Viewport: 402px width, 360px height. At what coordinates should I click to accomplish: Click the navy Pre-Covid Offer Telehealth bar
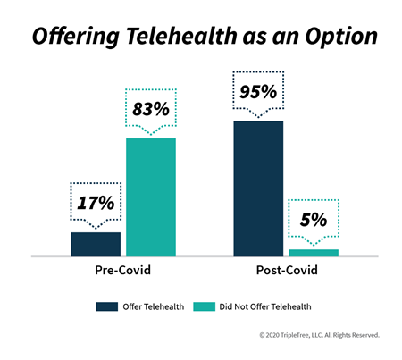96,244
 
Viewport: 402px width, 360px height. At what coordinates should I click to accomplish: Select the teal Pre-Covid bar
151,197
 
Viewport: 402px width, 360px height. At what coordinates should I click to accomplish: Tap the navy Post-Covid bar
258,188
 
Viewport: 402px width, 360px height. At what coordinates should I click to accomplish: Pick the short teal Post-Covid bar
314,253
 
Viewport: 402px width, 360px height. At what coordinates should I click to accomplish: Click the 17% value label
96,203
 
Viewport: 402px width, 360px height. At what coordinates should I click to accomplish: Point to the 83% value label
151,109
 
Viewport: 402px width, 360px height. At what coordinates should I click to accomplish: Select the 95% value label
258,92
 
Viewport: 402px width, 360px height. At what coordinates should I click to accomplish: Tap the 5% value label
314,220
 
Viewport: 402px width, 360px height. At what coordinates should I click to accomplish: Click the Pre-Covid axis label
122,270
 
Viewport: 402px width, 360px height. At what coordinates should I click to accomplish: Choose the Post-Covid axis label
287,270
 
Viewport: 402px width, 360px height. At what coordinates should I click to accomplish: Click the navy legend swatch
106,306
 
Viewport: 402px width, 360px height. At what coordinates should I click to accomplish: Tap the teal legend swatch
204,306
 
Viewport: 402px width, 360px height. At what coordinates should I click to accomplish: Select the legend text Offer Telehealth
154,306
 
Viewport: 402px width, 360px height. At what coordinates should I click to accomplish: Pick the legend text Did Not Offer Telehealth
265,306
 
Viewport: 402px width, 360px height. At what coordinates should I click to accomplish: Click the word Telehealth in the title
181,37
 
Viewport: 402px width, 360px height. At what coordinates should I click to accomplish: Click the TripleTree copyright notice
320,335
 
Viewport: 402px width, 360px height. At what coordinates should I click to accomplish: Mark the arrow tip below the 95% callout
258,117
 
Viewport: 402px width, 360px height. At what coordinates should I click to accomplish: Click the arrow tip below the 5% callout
314,246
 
